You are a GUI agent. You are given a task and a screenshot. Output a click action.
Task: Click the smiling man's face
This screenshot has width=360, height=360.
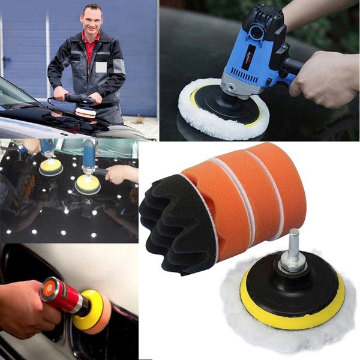click(x=92, y=20)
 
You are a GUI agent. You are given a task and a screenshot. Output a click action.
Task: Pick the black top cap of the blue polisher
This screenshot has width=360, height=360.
click(x=264, y=24)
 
